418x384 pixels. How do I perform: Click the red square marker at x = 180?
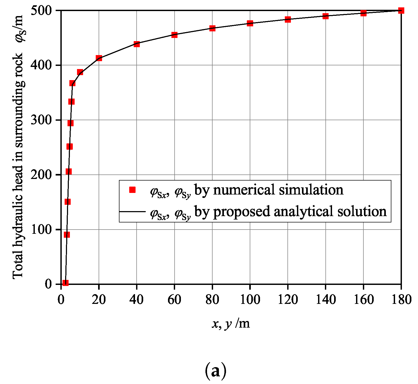[401, 11]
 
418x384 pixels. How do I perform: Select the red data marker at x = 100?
[250, 23]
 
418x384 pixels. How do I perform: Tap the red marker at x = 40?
[137, 44]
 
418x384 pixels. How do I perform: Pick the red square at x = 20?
[99, 58]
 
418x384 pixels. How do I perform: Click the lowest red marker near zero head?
[66, 283]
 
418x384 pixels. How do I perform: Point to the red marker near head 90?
[67, 235]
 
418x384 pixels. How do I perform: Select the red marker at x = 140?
[325, 16]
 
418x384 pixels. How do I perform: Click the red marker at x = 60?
[174, 35]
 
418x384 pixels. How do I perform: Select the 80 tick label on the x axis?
[212, 299]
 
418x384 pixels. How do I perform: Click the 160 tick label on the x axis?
[363, 299]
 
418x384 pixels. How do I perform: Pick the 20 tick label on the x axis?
[99, 299]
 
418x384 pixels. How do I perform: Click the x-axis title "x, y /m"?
[231, 323]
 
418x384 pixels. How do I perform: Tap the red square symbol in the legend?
[132, 190]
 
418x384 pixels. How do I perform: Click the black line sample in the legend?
[132, 211]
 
